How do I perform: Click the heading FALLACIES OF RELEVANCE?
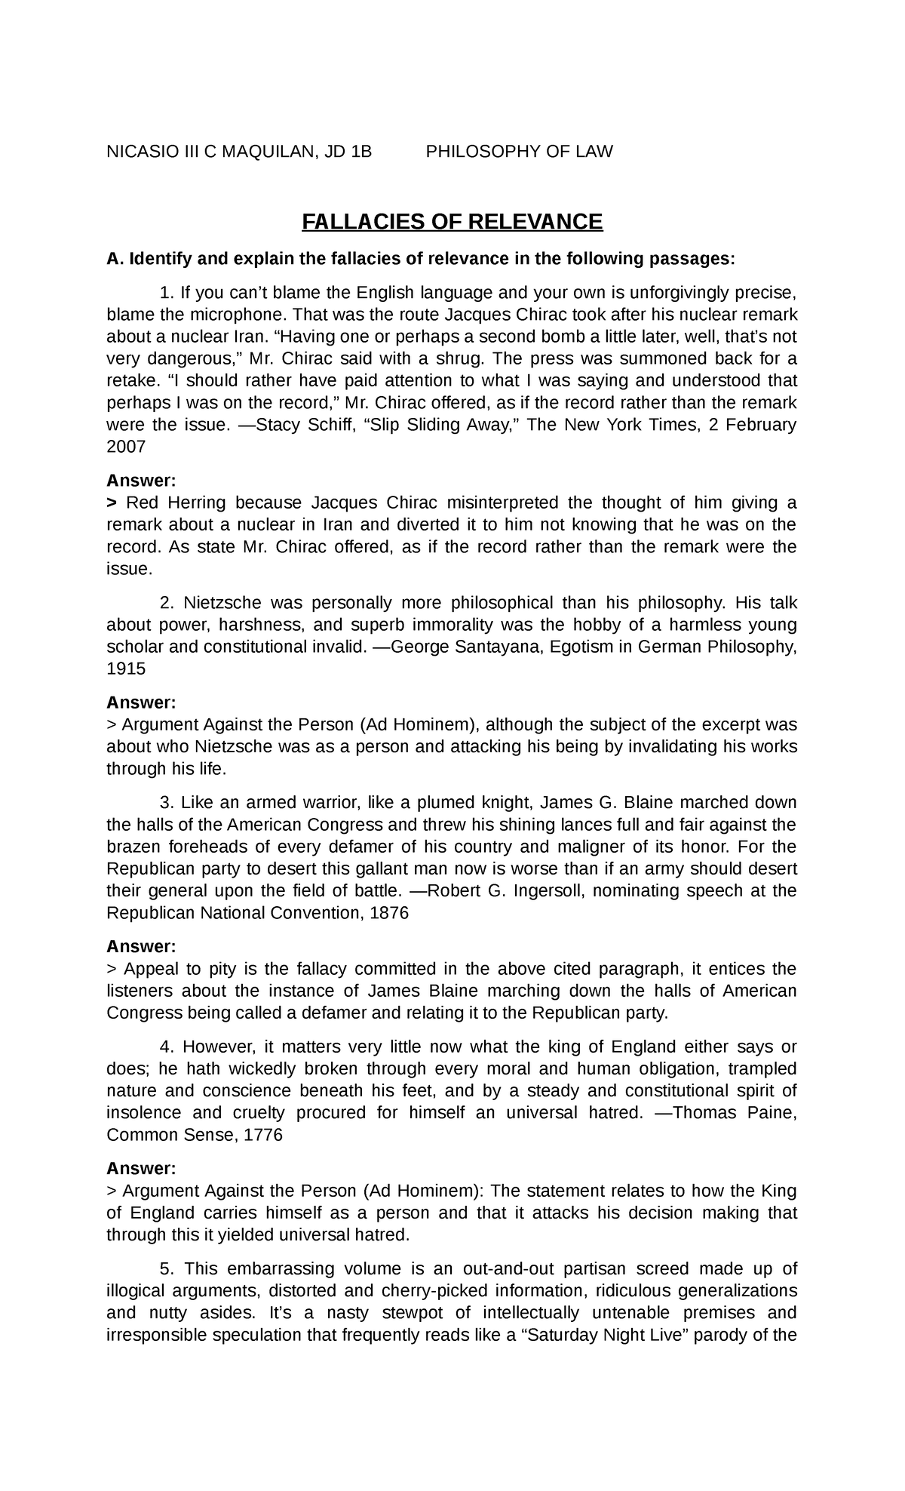[x=452, y=222]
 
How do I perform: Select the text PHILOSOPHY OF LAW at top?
[x=520, y=152]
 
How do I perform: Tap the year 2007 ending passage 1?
[x=126, y=447]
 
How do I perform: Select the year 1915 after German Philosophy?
[x=126, y=669]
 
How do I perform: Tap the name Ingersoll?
[x=552, y=891]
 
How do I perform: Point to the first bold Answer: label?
[x=141, y=481]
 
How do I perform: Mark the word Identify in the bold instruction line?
[x=162, y=259]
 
